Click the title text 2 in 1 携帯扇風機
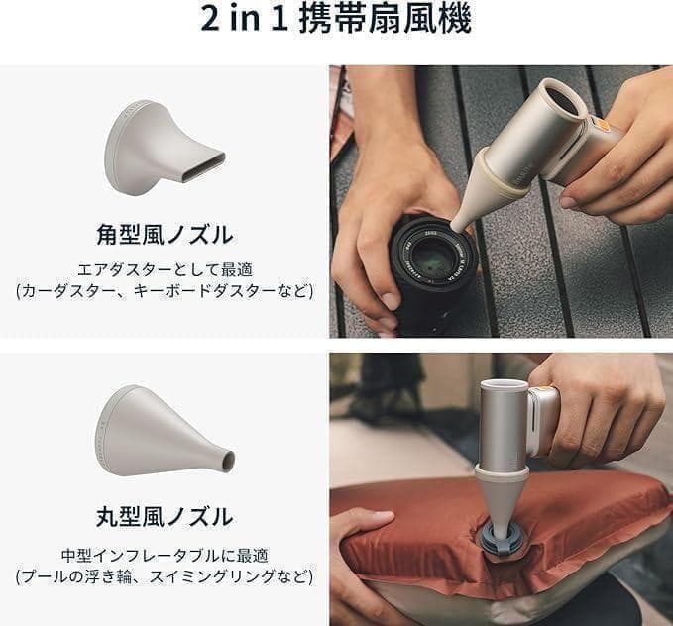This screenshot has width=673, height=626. point(336,20)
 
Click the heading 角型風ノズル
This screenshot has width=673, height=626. point(165,236)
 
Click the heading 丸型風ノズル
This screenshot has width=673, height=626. point(165,517)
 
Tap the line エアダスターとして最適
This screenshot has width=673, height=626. point(165,268)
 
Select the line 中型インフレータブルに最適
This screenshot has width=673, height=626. point(165,555)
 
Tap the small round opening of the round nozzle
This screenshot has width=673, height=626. point(229,461)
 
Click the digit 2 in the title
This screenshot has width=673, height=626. point(208,21)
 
